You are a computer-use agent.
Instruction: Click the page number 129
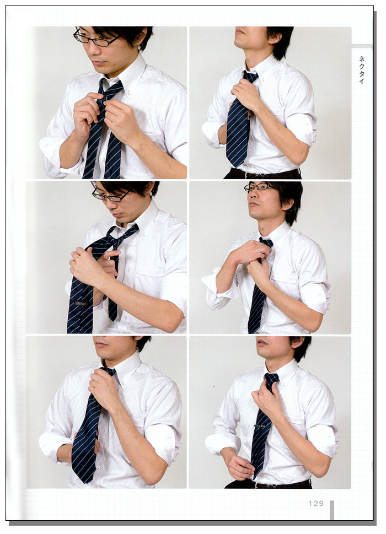[315, 503]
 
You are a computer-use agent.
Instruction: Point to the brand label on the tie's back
[81, 303]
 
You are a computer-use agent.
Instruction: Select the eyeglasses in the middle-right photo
[259, 187]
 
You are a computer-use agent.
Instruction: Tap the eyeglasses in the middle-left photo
[112, 195]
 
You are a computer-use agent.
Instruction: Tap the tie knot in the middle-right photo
[265, 242]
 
